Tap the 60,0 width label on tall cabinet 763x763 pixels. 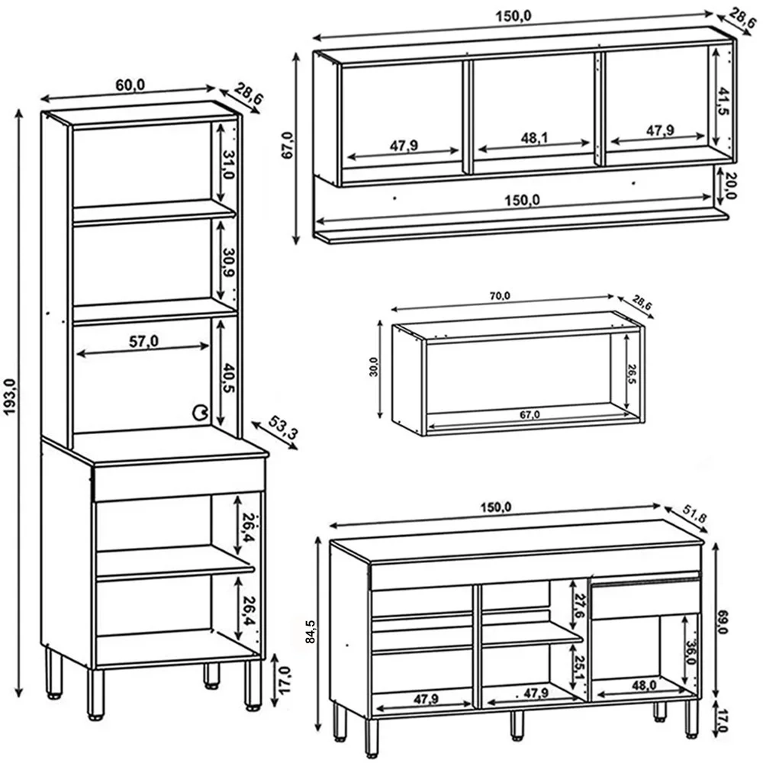pos(130,85)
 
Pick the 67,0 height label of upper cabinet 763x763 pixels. pos(287,145)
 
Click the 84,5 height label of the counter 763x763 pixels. pos(311,630)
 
